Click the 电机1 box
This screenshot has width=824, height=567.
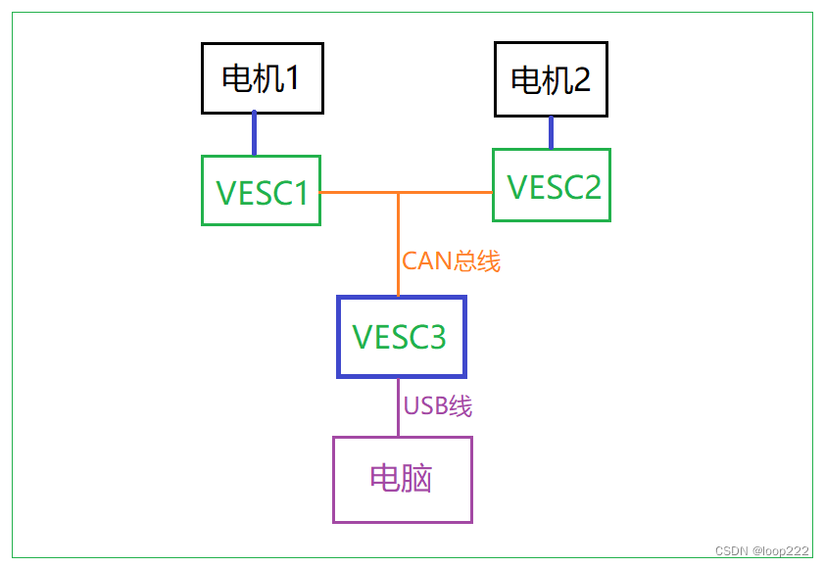[262, 77]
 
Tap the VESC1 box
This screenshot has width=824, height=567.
[261, 191]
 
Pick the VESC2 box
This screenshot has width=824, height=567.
[551, 185]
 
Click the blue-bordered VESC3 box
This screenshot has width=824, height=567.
[401, 337]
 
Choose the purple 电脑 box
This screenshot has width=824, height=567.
[402, 479]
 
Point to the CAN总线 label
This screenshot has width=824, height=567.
[451, 261]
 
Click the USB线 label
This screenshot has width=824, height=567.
[437, 405]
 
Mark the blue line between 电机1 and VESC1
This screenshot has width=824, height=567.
[255, 133]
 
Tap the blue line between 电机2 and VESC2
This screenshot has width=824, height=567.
[551, 132]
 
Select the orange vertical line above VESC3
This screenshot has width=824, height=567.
[398, 245]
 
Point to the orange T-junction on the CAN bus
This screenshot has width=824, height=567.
[398, 193]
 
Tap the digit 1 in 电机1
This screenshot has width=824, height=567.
[291, 78]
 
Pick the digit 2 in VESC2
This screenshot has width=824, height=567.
[590, 186]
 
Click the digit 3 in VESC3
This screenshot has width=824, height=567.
[435, 337]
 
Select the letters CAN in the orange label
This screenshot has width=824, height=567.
[425, 261]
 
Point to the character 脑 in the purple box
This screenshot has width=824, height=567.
[417, 479]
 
